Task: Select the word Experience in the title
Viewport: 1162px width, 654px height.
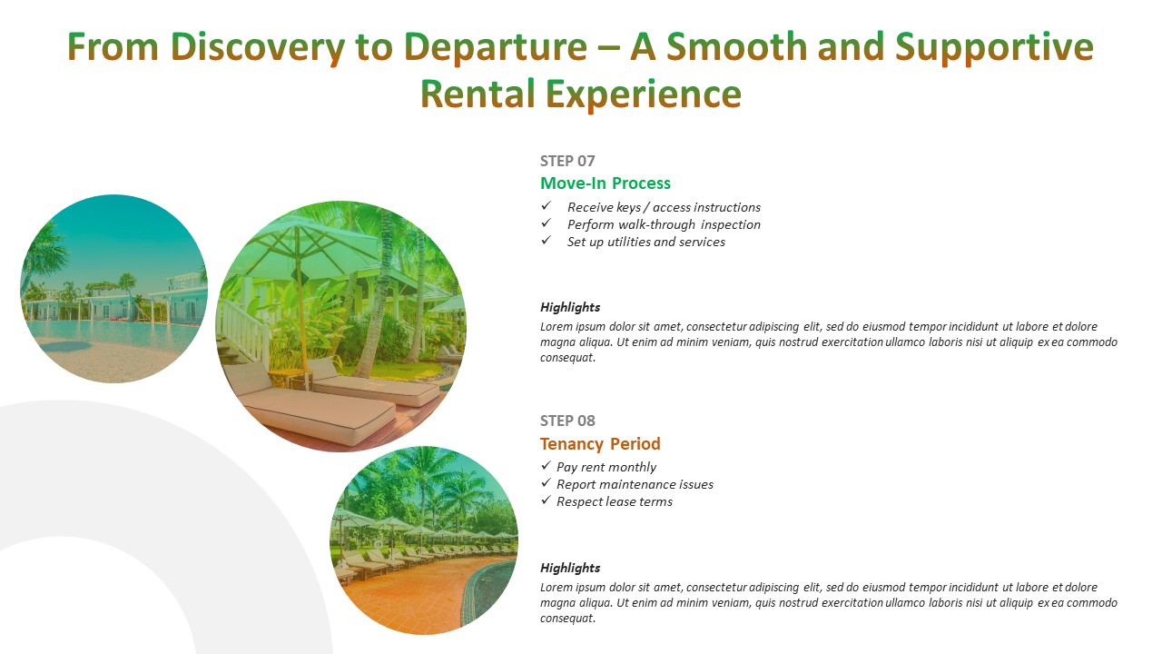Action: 644,94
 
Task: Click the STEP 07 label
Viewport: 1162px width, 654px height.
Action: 567,161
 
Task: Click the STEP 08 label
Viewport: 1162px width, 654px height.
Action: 567,421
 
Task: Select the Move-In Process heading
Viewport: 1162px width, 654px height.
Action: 605,183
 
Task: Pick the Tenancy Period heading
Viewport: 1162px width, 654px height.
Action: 600,444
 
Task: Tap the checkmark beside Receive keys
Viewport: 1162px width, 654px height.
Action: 546,206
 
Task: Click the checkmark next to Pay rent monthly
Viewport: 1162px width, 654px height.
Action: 546,466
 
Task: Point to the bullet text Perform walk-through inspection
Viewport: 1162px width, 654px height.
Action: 664,224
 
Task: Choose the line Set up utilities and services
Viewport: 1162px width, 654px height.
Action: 645,242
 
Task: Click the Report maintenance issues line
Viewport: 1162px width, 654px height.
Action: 635,484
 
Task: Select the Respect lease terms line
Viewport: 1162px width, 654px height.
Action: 615,502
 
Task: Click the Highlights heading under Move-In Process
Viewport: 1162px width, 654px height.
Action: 569,307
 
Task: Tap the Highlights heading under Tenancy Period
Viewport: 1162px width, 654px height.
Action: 569,568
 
